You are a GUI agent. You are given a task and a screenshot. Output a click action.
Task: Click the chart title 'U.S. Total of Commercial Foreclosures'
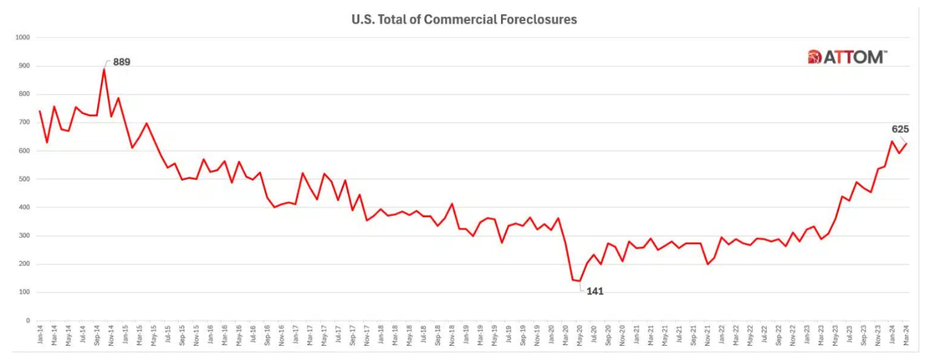pyautogui.click(x=464, y=20)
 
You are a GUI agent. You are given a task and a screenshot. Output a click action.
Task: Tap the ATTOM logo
pyautogui.click(x=847, y=57)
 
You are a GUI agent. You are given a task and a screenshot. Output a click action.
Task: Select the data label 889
pyautogui.click(x=121, y=62)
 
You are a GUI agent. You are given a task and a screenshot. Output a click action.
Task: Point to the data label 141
pyautogui.click(x=594, y=291)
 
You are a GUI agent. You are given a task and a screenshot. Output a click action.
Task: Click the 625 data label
pyautogui.click(x=900, y=129)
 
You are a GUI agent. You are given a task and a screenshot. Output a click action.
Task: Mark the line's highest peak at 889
pyautogui.click(x=104, y=69)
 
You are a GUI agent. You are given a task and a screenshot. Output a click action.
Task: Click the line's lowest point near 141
pyautogui.click(x=579, y=281)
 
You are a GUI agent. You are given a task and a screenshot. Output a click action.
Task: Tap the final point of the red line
pyautogui.click(x=907, y=143)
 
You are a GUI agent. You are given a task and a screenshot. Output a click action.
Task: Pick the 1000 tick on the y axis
pyautogui.click(x=22, y=38)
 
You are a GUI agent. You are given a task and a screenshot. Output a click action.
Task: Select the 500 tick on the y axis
pyautogui.click(x=24, y=179)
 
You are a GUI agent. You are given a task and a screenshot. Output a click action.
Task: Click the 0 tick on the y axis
pyautogui.click(x=28, y=321)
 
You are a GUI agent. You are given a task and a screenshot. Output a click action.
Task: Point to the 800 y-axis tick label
pyautogui.click(x=24, y=94)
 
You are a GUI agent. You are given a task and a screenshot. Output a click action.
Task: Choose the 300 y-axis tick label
pyautogui.click(x=24, y=236)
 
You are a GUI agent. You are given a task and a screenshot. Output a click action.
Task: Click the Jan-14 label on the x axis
pyautogui.click(x=40, y=335)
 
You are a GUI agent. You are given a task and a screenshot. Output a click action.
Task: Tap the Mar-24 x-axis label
pyautogui.click(x=907, y=335)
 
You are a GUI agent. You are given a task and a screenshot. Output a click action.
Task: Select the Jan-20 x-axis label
pyautogui.click(x=551, y=335)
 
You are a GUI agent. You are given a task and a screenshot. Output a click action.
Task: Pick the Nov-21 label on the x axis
pyautogui.click(x=708, y=335)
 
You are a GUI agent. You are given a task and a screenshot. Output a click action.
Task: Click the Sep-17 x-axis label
pyautogui.click(x=353, y=335)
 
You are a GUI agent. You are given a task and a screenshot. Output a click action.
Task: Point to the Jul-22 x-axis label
pyautogui.click(x=765, y=335)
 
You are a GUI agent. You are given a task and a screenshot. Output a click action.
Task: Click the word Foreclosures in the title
pyautogui.click(x=540, y=20)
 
